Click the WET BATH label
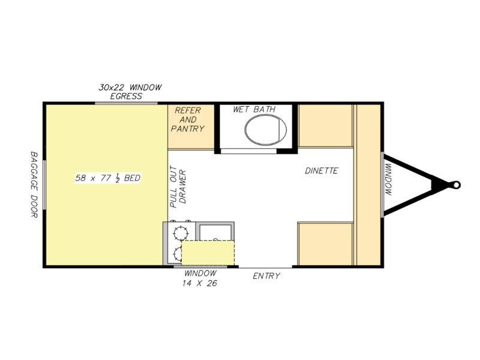[254, 109]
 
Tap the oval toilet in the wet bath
[265, 130]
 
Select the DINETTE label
[322, 170]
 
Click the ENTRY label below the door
[266, 276]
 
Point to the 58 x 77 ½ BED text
[108, 178]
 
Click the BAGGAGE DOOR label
[34, 185]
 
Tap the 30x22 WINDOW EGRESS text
[130, 92]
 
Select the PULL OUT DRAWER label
[178, 187]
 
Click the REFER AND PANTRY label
[188, 119]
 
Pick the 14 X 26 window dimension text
[200, 283]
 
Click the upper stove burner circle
[181, 233]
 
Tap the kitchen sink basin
[215, 233]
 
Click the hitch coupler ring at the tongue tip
[456, 185]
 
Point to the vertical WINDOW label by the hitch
[388, 179]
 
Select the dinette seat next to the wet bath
[325, 126]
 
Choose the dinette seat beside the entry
[325, 244]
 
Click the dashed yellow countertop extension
[208, 253]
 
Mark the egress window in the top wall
[126, 103]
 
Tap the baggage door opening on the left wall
[44, 185]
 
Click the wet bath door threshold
[248, 151]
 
